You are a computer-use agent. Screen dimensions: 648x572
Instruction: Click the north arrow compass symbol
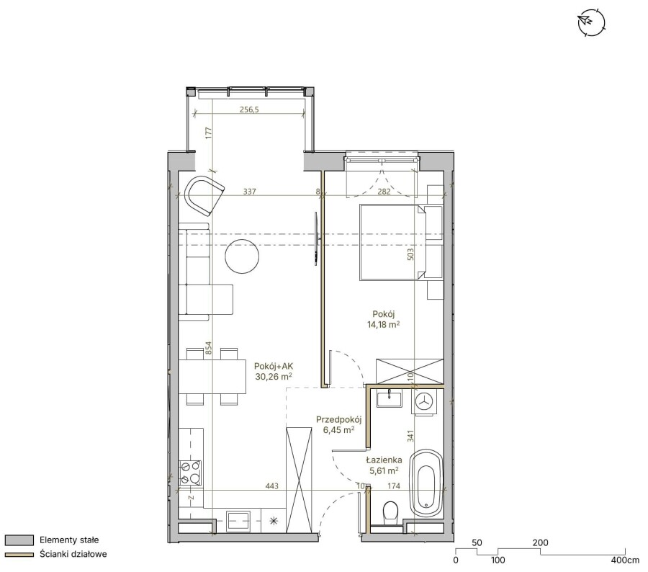pyautogui.click(x=591, y=22)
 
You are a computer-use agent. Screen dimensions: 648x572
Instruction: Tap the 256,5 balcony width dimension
pyautogui.click(x=249, y=110)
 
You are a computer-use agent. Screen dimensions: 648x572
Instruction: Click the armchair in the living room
pyautogui.click(x=204, y=195)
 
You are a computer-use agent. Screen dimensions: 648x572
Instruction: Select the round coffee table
pyautogui.click(x=242, y=256)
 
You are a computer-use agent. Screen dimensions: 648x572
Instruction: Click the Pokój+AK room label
pyautogui.click(x=274, y=366)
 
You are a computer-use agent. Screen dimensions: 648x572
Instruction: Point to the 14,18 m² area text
pyautogui.click(x=384, y=325)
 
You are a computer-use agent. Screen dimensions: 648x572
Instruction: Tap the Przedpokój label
pyautogui.click(x=339, y=420)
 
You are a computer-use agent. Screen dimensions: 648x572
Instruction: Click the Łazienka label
pyautogui.click(x=384, y=460)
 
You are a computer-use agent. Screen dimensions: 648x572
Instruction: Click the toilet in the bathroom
pyautogui.click(x=390, y=513)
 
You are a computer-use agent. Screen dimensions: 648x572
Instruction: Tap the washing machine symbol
pyautogui.click(x=423, y=401)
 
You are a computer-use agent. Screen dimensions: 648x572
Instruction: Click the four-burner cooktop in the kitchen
pyautogui.click(x=190, y=473)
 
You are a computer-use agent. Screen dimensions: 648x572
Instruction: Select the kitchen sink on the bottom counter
pyautogui.click(x=238, y=521)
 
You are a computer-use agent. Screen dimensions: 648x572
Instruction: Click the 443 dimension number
pyautogui.click(x=272, y=486)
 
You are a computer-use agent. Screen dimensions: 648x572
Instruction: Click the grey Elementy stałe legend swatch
pyautogui.click(x=19, y=540)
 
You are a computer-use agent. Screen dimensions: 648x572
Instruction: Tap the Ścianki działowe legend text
pyautogui.click(x=73, y=554)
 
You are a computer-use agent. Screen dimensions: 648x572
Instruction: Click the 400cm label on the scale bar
pyautogui.click(x=625, y=560)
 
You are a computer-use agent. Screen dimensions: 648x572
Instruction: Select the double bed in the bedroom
pyautogui.click(x=392, y=242)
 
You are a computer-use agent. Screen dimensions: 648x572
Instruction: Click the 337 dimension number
pyautogui.click(x=250, y=192)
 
